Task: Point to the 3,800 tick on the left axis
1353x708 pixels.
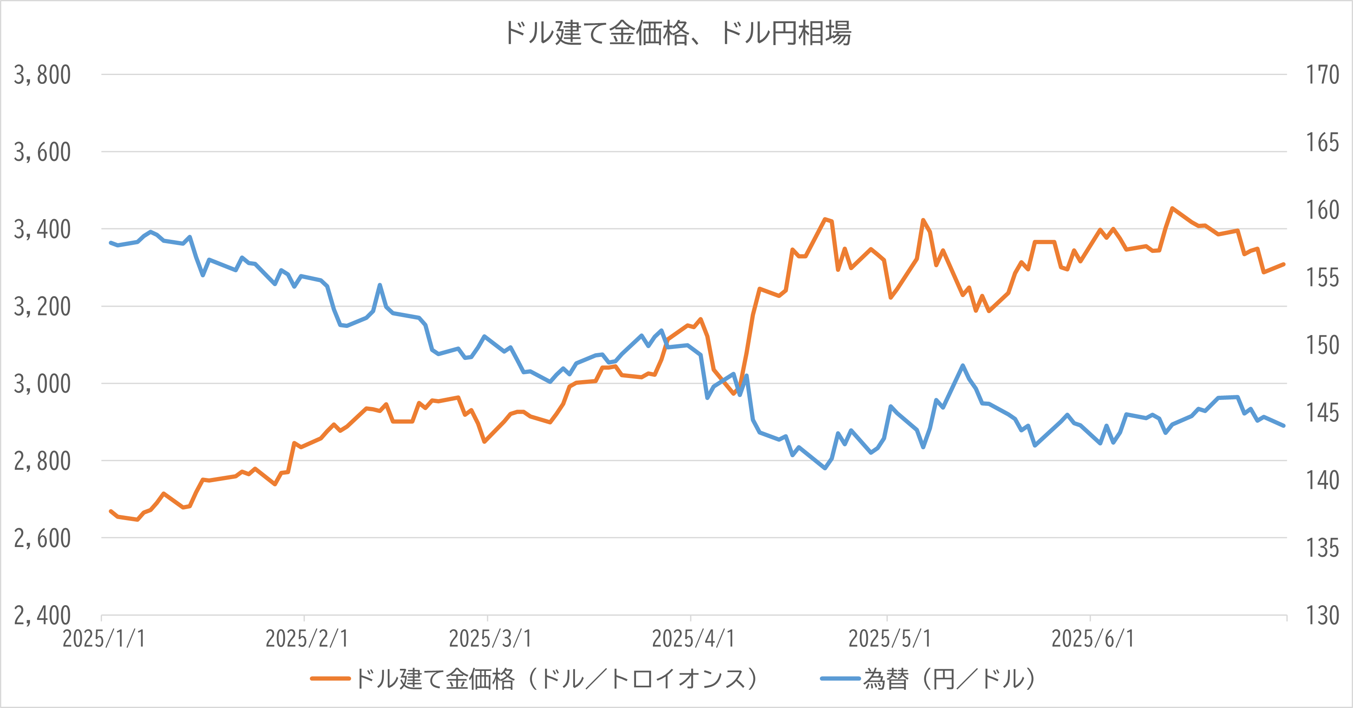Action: tap(42, 75)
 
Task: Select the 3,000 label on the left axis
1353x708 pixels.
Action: tap(42, 384)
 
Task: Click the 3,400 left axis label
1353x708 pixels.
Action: tap(42, 230)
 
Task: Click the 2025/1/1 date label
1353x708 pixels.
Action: tap(103, 638)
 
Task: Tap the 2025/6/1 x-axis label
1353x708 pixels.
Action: tap(1093, 638)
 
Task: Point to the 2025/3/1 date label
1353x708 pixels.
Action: tap(489, 638)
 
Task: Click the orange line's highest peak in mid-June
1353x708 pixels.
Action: tap(1172, 209)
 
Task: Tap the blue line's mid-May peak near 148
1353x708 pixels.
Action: tap(962, 365)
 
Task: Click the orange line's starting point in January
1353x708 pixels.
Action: tap(110, 511)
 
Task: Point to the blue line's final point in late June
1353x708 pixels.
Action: tap(1284, 425)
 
